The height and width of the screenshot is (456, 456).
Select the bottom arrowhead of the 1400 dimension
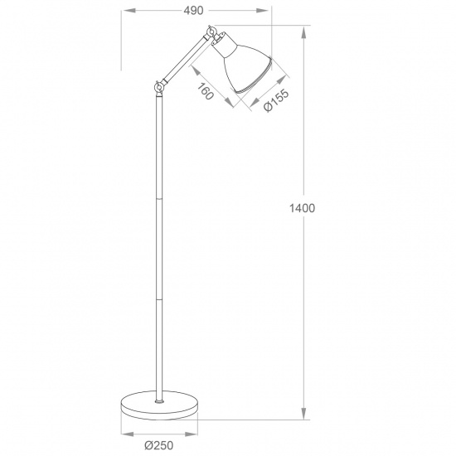pos(303,415)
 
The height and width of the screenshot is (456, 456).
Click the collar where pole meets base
pos(158,397)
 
